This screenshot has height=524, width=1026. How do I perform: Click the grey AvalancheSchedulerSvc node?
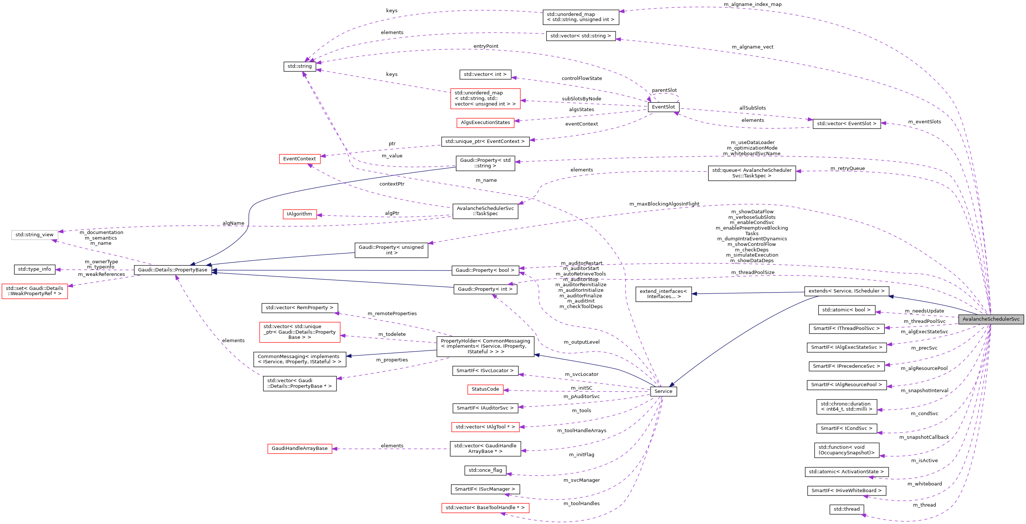[990, 319]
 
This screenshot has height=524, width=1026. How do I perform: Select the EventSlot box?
[663, 107]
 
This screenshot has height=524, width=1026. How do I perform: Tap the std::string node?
[300, 66]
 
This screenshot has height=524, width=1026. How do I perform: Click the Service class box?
[663, 391]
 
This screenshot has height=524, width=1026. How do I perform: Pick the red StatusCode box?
[485, 389]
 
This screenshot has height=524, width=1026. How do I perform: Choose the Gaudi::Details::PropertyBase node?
[173, 270]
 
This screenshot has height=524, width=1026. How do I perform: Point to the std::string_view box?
[34, 235]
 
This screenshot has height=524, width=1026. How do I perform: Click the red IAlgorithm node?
[299, 214]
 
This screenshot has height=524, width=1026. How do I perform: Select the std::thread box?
[846, 509]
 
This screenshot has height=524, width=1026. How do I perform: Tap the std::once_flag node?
[485, 470]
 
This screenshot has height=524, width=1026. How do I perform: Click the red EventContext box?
[299, 158]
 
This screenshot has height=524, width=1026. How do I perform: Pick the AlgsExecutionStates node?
[485, 122]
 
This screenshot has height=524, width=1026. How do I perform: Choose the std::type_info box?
[34, 269]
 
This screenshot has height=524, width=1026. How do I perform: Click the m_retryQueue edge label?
[847, 168]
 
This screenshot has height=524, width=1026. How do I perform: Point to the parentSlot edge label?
[664, 90]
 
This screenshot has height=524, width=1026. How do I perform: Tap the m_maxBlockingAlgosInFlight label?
[664, 204]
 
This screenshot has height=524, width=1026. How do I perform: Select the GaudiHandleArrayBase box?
[300, 448]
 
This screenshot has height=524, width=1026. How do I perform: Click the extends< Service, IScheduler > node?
[846, 291]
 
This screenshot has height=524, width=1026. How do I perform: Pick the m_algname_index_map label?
[752, 4]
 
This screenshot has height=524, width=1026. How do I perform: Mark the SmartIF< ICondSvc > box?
[846, 428]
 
